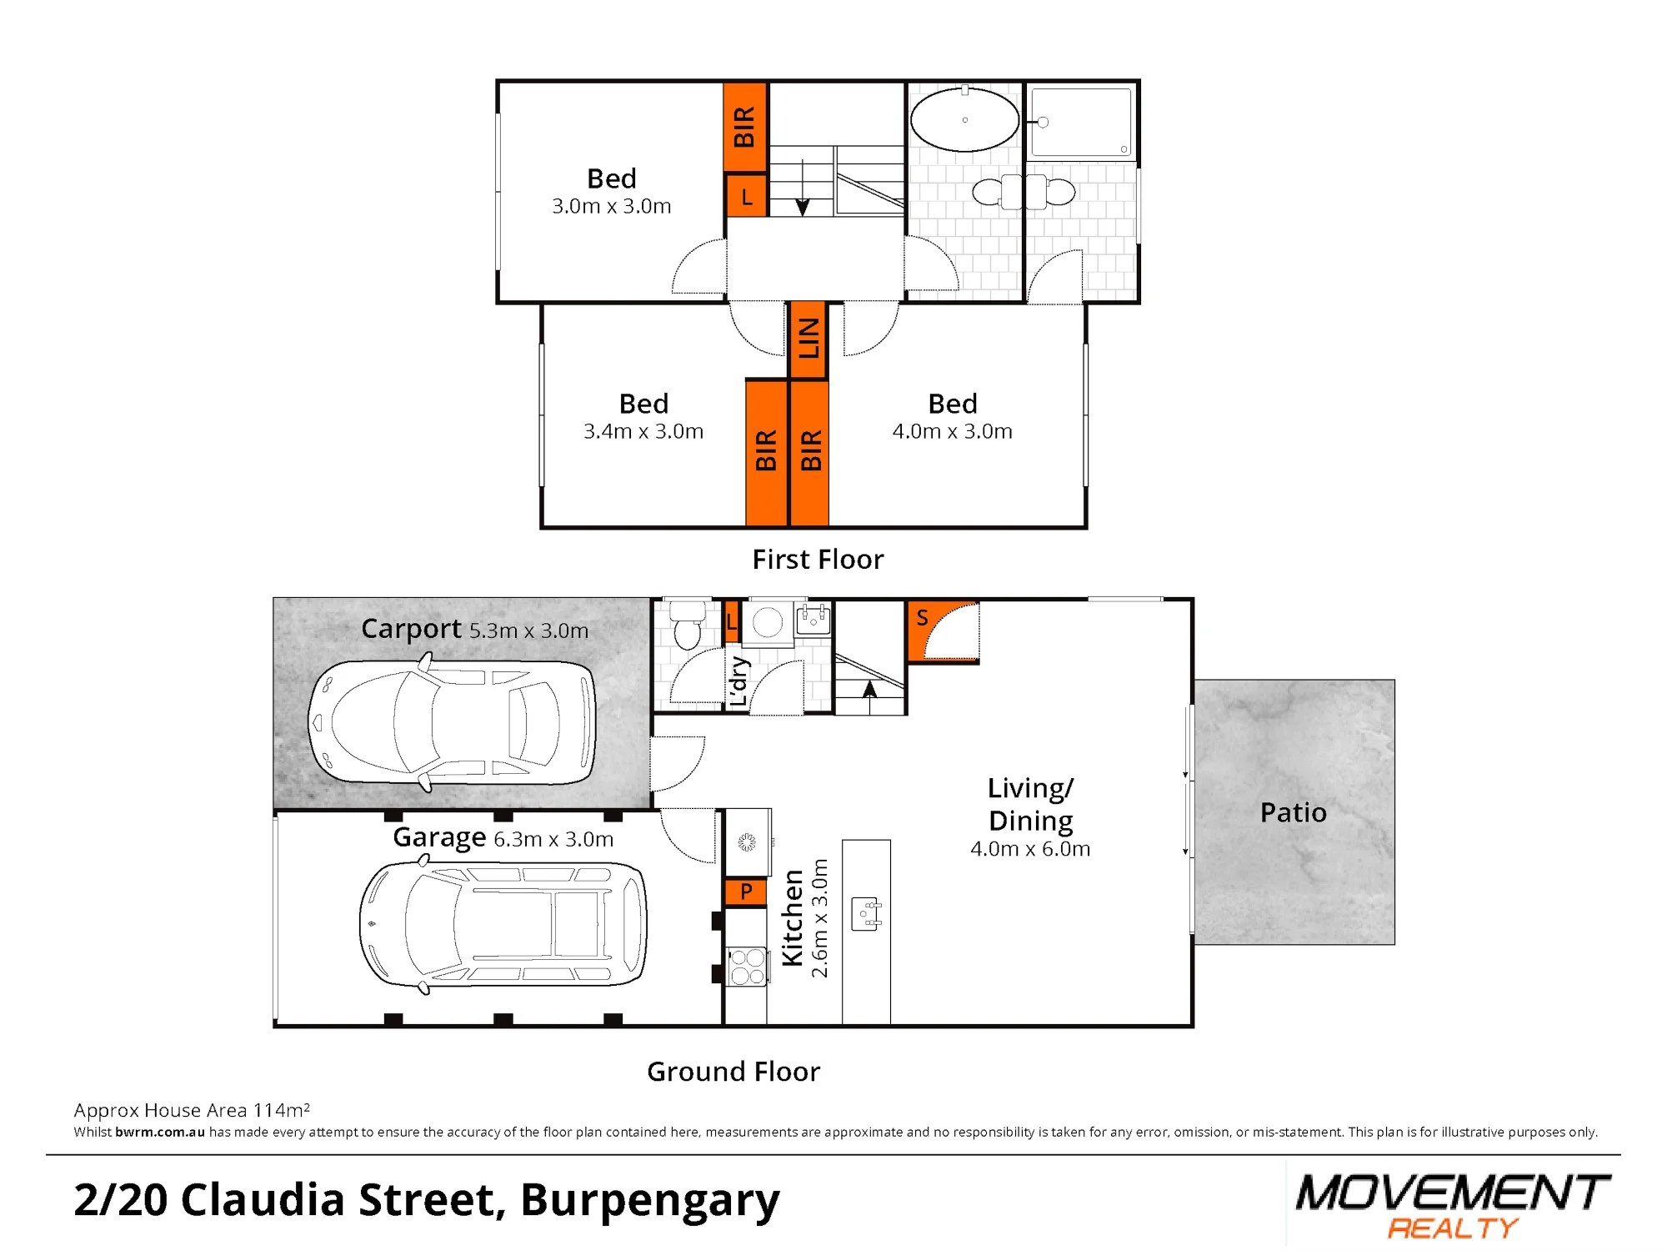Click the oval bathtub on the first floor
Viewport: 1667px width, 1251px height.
964,119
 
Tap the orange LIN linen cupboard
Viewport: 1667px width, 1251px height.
808,340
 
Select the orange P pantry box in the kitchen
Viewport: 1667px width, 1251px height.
746,892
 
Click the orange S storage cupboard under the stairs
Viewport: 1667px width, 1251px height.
942,631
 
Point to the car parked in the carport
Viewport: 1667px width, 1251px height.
452,721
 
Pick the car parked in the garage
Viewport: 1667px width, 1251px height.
503,926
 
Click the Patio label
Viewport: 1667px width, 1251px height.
1293,812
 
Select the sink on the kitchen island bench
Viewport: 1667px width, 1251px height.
866,914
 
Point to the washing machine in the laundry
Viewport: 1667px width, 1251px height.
768,622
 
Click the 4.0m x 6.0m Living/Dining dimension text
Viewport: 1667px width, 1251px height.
1030,849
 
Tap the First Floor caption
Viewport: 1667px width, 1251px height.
818,559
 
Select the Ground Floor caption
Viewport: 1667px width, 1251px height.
733,1071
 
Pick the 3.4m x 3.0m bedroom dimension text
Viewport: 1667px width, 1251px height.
643,431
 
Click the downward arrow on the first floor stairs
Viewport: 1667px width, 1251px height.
803,187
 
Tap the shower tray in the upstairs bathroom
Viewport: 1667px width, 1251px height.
1081,123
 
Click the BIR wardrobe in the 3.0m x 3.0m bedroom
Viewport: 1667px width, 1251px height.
744,127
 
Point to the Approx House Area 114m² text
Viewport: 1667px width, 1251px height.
192,1110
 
